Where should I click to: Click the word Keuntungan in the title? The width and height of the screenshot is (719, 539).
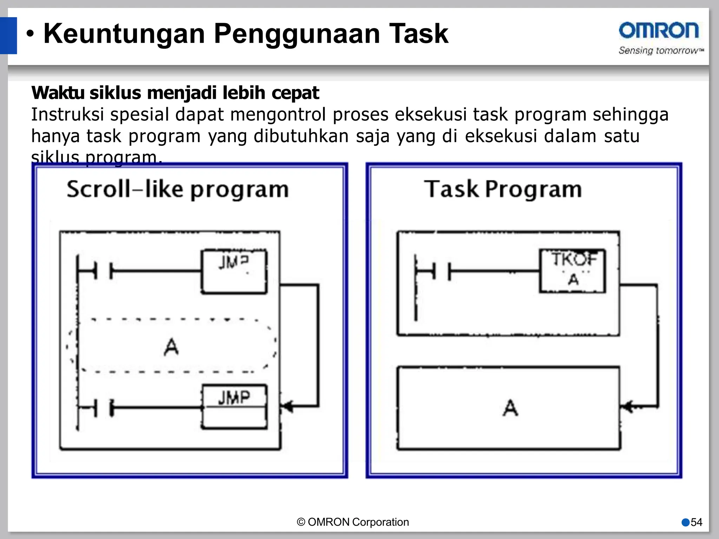tap(124, 34)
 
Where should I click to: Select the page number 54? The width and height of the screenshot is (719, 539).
tap(696, 522)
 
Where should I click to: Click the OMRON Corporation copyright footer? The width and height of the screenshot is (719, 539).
tap(353, 522)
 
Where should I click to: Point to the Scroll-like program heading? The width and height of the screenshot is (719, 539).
tap(178, 189)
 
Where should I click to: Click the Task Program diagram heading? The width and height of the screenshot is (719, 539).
tap(503, 189)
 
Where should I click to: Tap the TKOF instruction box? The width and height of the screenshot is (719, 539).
tap(573, 271)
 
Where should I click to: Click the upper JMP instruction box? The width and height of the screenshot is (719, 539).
tap(234, 271)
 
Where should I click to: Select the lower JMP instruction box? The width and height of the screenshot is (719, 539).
tap(234, 407)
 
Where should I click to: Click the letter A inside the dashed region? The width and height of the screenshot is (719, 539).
tap(171, 347)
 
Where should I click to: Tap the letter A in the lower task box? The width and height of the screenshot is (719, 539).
tap(510, 408)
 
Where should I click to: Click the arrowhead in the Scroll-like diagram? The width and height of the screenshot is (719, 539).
tap(287, 407)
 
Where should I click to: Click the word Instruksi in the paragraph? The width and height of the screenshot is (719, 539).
tap(67, 114)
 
